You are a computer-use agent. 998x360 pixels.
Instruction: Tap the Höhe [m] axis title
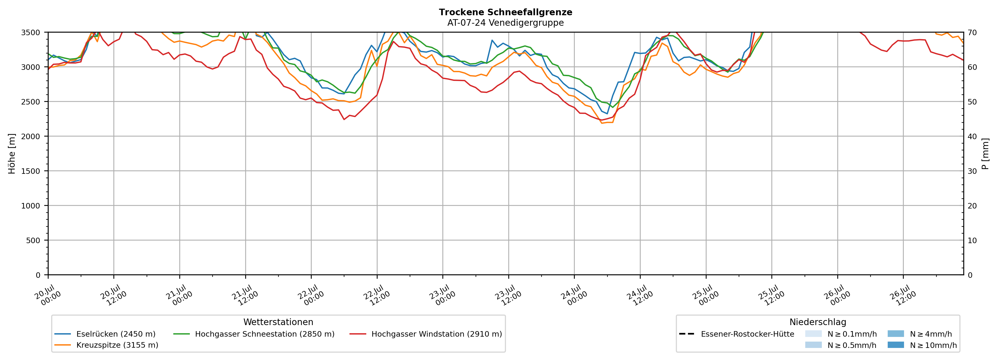click(12, 153)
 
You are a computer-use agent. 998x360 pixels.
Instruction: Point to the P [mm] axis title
click(985, 153)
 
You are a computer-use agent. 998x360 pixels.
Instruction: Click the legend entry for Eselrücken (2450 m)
click(105, 334)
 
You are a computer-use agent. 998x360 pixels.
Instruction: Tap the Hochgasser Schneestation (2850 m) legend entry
click(254, 334)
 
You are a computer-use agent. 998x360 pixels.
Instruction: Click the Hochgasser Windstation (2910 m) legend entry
click(426, 334)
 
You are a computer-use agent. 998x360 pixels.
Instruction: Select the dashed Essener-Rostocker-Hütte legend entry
click(736, 334)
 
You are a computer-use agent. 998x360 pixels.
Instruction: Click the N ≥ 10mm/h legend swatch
click(896, 345)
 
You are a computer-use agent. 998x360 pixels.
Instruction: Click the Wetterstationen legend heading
click(278, 322)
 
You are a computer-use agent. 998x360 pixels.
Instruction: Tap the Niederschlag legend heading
click(818, 322)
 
